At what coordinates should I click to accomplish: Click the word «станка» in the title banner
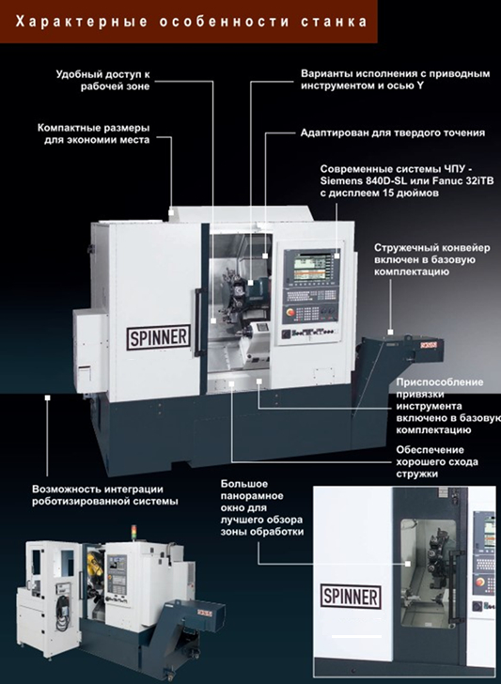[x=334, y=22]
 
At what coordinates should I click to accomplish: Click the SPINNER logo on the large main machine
[x=159, y=337]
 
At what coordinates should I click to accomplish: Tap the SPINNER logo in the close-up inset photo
[x=351, y=597]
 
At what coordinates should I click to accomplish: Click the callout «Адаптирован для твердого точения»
[x=393, y=132]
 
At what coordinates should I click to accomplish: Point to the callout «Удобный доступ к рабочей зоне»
[x=103, y=80]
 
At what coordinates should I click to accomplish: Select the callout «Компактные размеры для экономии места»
[x=93, y=134]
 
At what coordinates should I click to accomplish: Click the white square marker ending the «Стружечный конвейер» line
[x=391, y=332]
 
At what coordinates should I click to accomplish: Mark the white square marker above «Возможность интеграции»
[x=48, y=397]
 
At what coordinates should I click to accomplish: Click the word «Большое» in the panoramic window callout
[x=244, y=484]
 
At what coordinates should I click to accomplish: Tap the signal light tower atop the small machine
[x=134, y=533]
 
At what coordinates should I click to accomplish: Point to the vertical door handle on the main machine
[x=197, y=322]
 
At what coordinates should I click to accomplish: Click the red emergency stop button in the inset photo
[x=480, y=582]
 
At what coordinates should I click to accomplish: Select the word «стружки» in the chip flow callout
[x=416, y=474]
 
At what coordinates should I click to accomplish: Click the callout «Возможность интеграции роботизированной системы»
[x=104, y=495]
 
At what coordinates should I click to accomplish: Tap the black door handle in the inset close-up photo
[x=456, y=586]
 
